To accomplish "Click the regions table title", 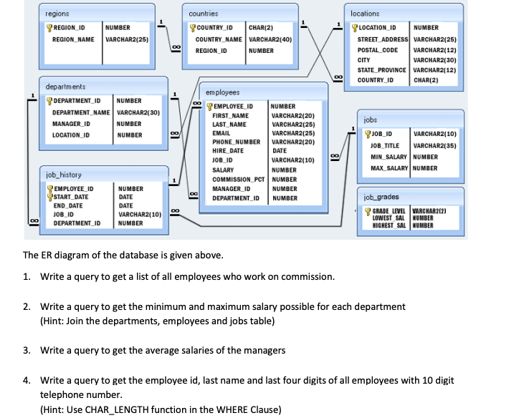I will point(57,14).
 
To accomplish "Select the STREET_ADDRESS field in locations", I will point(383,39).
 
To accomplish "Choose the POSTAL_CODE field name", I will point(378,50).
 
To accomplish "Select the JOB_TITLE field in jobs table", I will point(386,145).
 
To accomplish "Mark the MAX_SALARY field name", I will point(389,168).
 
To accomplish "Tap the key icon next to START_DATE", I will point(49,196).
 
